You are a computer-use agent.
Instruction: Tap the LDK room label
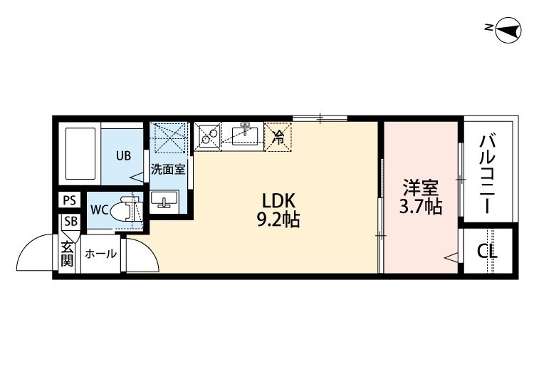point(278,201)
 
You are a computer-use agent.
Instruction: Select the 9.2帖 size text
point(278,220)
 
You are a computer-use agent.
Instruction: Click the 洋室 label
point(421,187)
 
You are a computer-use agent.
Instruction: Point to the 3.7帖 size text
point(421,206)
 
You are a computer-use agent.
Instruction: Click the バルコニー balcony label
point(488,174)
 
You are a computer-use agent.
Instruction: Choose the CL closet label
point(487,252)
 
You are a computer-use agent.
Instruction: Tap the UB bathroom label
point(123,156)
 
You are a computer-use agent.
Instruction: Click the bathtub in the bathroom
point(80,153)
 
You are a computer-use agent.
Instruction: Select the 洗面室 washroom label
point(168,169)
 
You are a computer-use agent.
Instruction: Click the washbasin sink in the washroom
point(164,200)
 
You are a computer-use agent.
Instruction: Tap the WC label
point(100,210)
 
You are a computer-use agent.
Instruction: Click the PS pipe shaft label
point(70,200)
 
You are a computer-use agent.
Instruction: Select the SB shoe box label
point(70,222)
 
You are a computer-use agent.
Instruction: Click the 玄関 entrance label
point(67,254)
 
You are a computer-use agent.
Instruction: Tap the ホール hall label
point(101,254)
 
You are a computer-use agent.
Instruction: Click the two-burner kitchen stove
point(208,136)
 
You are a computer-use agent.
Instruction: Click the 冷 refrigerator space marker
point(278,137)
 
